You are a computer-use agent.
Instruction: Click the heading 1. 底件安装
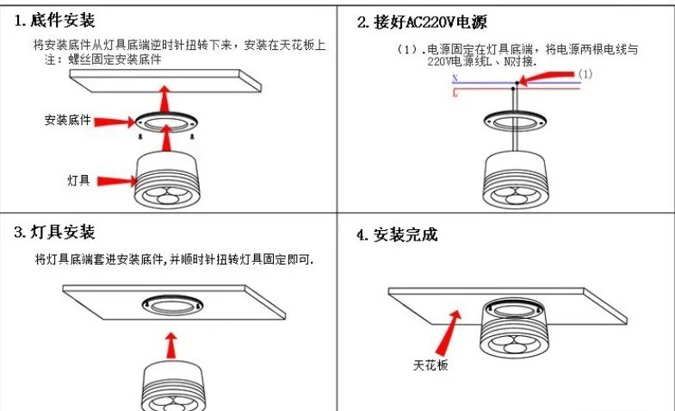point(54,20)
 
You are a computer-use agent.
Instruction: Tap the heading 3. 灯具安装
point(54,232)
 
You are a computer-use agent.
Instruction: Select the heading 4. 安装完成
point(397,234)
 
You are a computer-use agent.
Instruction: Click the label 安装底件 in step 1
point(68,120)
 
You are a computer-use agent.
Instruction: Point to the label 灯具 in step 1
point(78,180)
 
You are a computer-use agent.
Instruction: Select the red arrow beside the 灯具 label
point(114,180)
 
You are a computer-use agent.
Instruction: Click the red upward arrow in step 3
point(171,345)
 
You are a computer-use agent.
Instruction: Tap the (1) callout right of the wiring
point(585,75)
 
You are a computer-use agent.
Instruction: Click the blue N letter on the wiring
point(455,79)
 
